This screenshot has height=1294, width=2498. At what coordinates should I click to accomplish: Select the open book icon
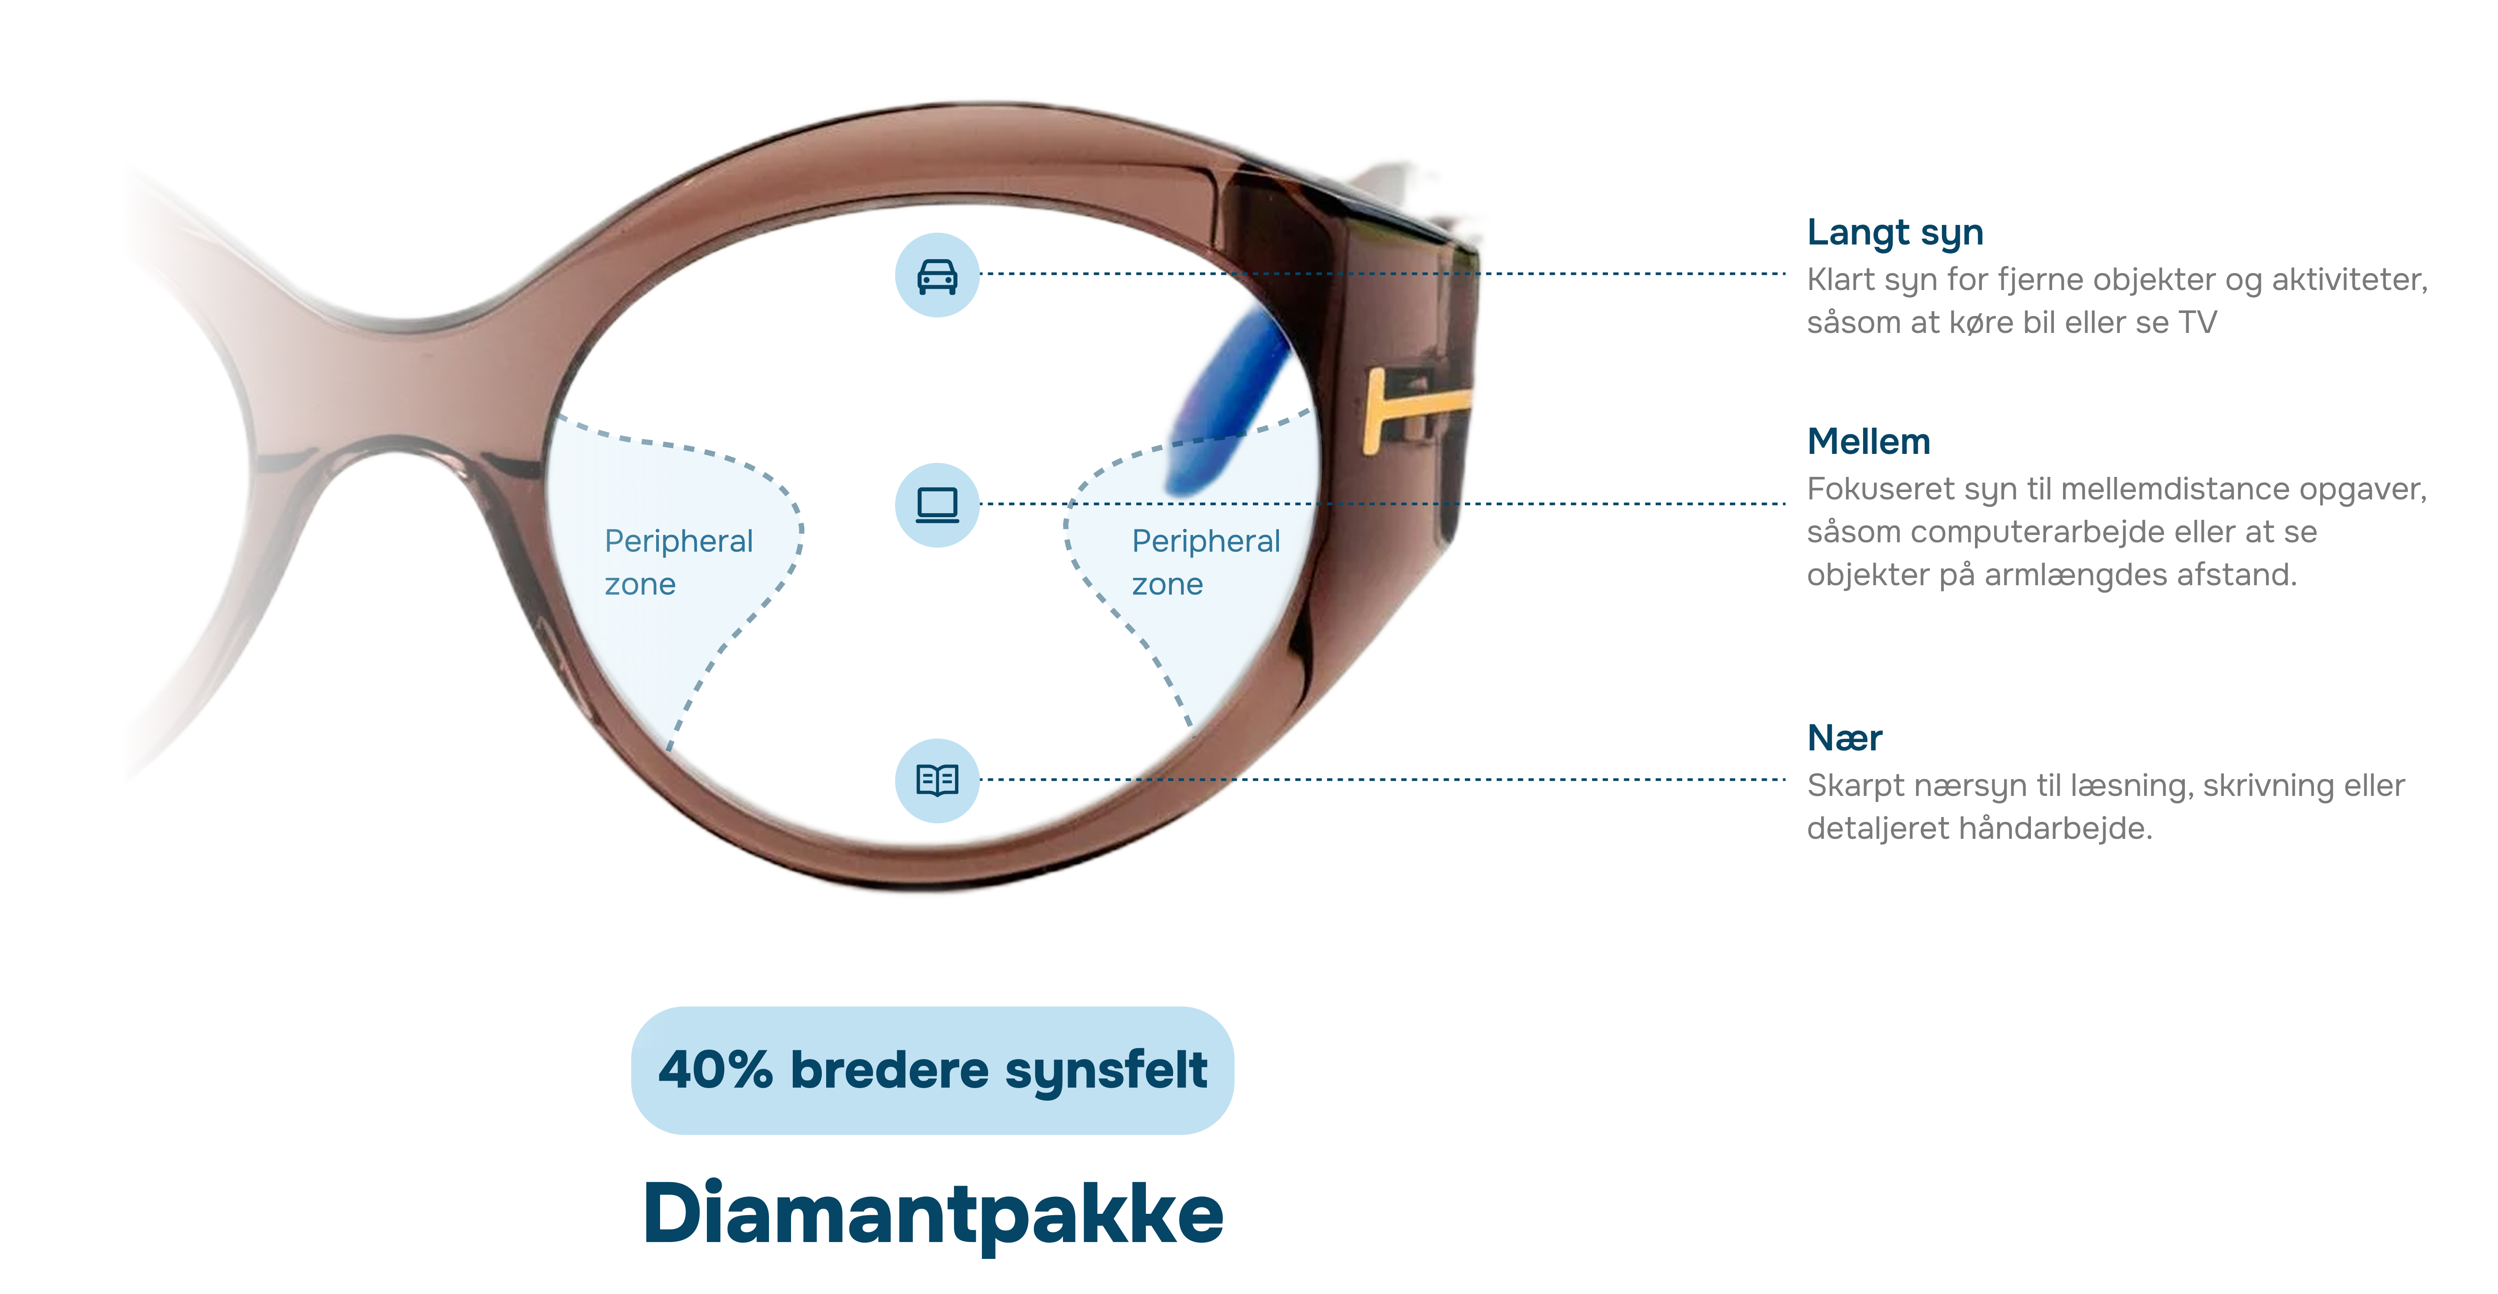937,779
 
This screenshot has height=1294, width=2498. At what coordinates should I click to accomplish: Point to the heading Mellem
1869,442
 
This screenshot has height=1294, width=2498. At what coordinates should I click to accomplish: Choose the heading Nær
1844,739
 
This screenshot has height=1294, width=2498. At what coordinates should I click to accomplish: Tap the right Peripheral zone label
1205,562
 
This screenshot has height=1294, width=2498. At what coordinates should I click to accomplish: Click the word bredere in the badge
889,1070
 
